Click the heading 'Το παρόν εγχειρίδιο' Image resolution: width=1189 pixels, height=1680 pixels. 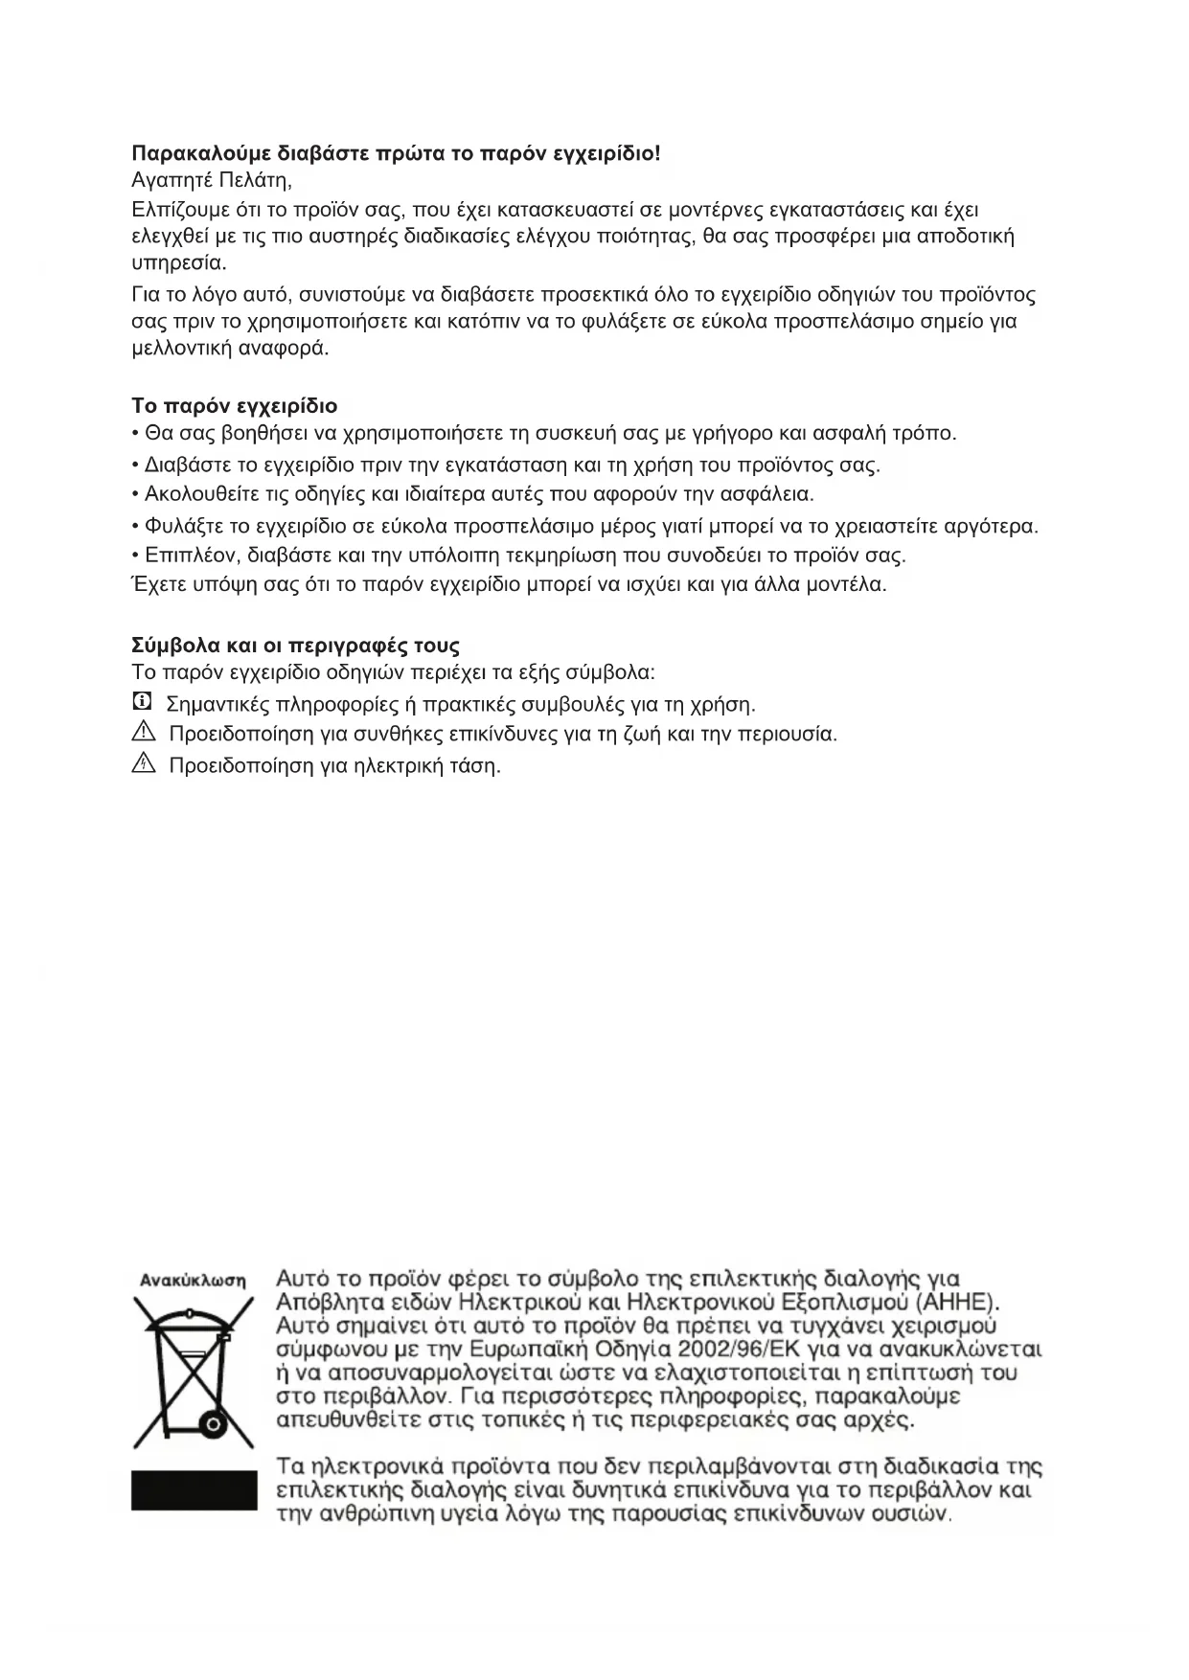click(234, 406)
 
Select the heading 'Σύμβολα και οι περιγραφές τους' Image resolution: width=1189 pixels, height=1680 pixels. click(295, 645)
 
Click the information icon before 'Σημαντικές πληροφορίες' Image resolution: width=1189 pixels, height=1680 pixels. click(142, 702)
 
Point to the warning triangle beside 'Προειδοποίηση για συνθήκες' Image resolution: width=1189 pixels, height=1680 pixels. click(144, 734)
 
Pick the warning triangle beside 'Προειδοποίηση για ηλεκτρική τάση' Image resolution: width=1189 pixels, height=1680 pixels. click(144, 764)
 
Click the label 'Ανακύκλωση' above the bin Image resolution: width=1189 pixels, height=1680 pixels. click(193, 1280)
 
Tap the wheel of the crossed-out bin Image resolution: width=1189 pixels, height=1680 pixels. click(211, 1424)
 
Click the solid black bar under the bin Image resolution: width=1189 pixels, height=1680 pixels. click(194, 1490)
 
